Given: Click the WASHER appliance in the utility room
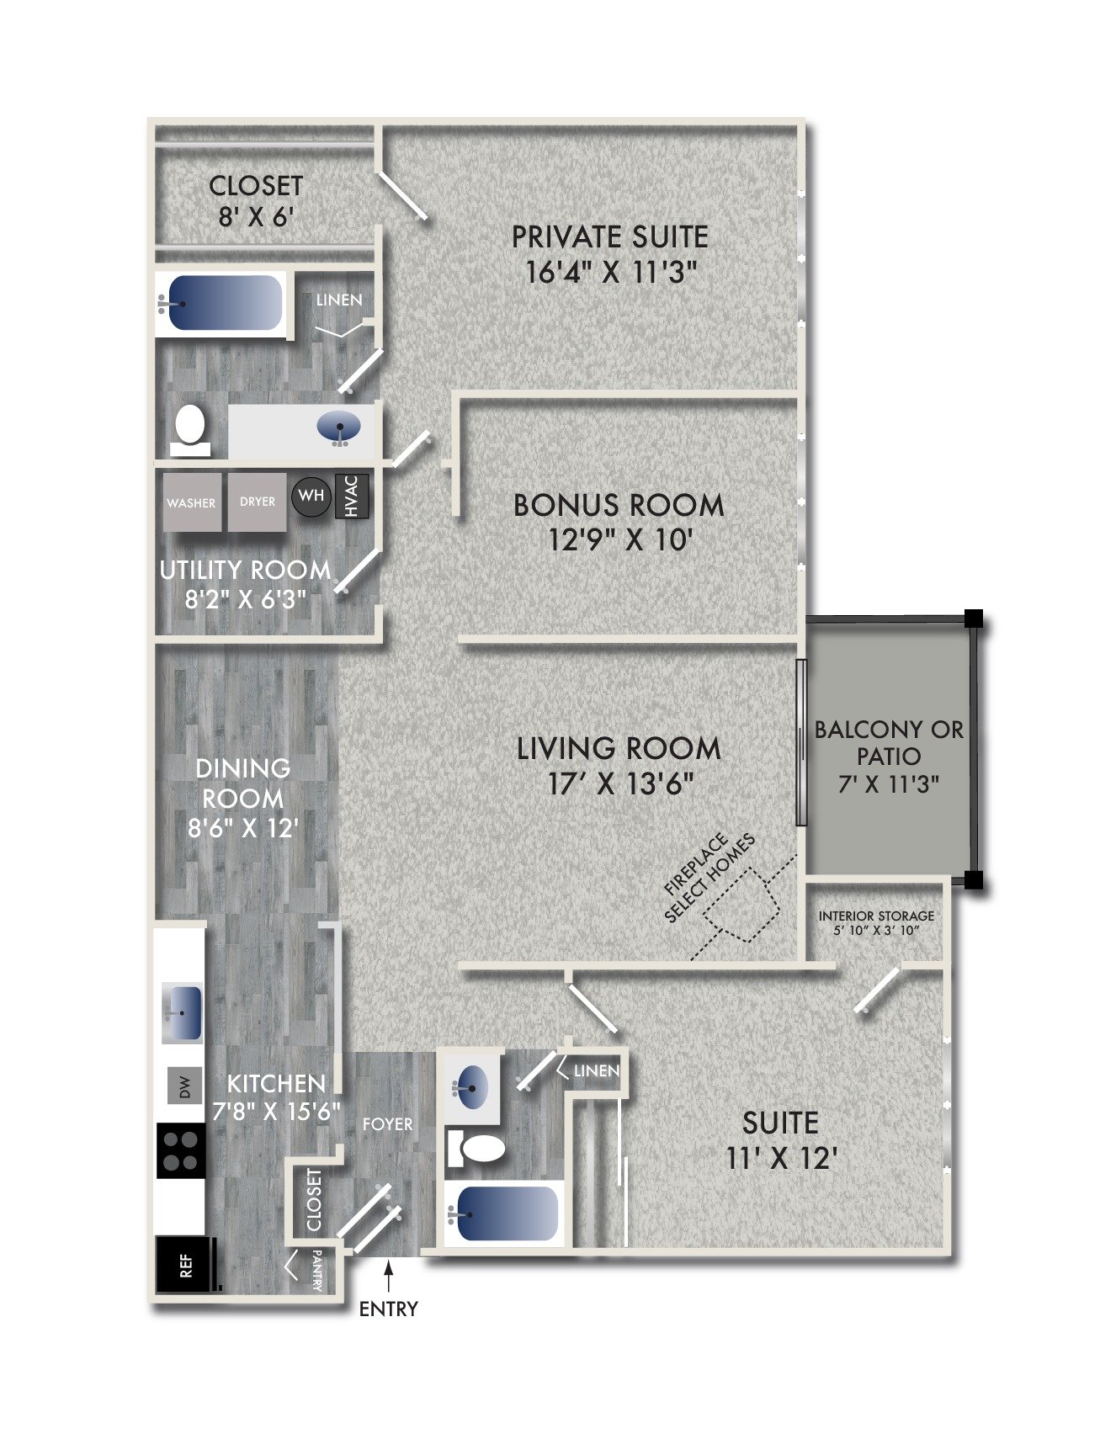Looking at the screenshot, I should (192, 502).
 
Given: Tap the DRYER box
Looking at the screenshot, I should (258, 502).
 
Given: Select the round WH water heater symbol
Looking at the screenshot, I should (311, 496).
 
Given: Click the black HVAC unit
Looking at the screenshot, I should (352, 496).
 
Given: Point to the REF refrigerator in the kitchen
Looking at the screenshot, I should (183, 1264).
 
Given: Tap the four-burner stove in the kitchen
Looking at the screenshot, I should (181, 1151).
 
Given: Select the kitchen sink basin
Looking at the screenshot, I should (183, 1012).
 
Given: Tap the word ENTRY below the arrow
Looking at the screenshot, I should (388, 1309).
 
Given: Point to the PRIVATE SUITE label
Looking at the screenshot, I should (610, 237).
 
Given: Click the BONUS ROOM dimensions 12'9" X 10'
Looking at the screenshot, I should (619, 539).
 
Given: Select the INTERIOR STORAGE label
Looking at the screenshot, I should (876, 916).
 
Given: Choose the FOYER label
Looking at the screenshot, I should (387, 1124).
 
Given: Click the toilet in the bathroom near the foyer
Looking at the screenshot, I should (476, 1148).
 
